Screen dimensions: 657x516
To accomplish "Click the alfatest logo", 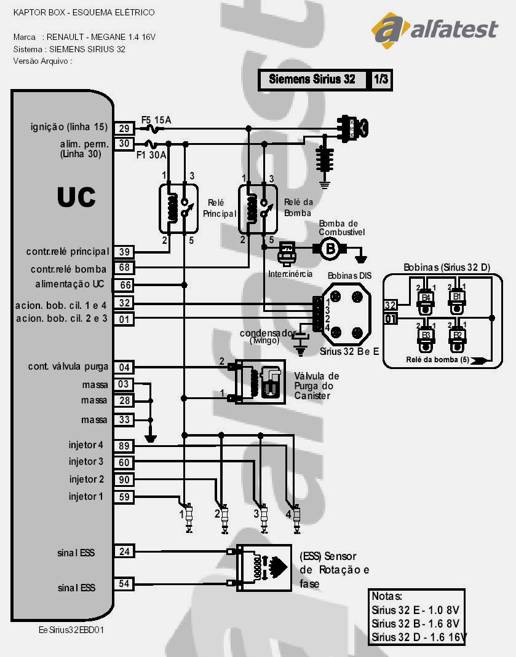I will (x=434, y=29).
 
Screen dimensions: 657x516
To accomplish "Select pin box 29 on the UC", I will (x=124, y=128).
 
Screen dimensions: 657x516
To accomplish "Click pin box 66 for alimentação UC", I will (x=124, y=285).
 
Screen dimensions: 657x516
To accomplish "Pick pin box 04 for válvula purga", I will (x=124, y=367).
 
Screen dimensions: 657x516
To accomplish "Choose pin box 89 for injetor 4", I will (x=124, y=446).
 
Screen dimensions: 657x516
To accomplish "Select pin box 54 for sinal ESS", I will (x=124, y=584).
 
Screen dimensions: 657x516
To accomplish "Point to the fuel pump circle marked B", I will (x=330, y=248).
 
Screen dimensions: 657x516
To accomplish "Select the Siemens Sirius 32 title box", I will (x=312, y=80).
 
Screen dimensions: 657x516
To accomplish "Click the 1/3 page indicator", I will (x=381, y=80).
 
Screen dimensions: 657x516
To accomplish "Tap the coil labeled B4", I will (x=424, y=299).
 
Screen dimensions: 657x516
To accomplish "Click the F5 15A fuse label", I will (x=156, y=119).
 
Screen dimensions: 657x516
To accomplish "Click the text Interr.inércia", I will (x=290, y=273).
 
